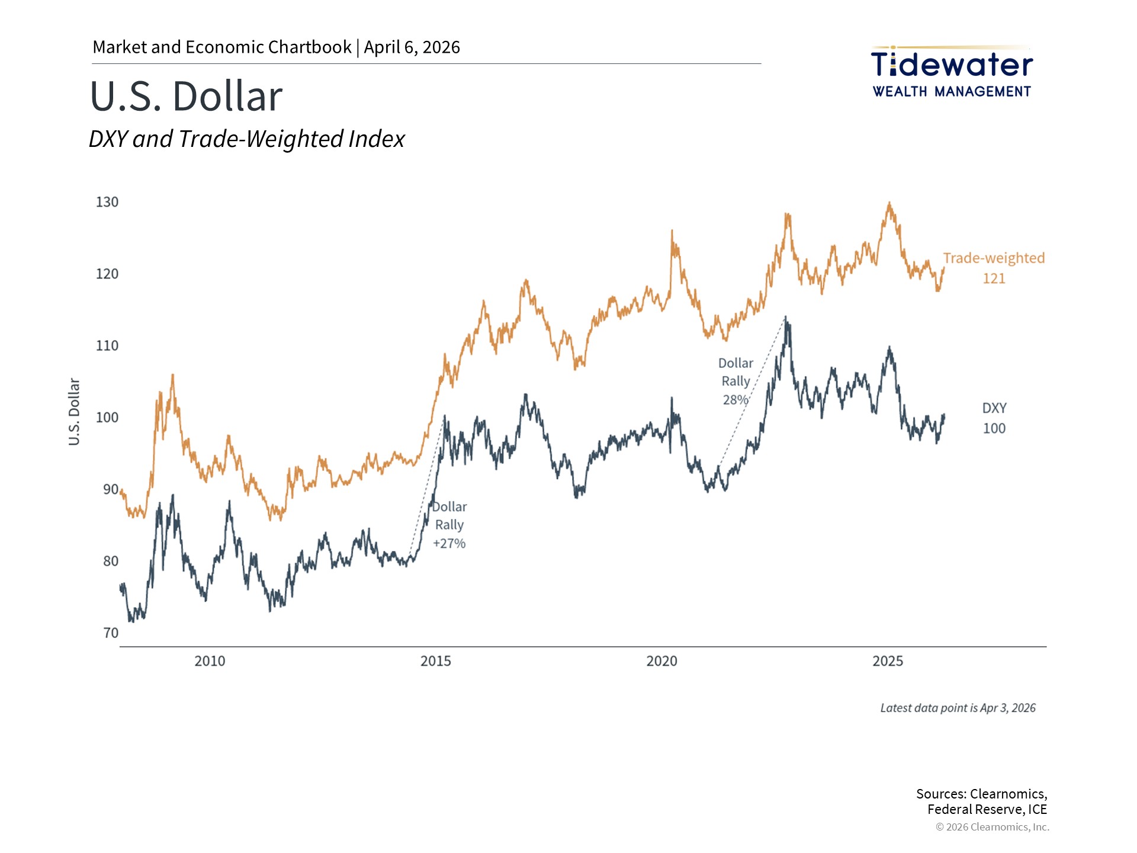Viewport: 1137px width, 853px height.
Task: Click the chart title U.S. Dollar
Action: pyautogui.click(x=186, y=96)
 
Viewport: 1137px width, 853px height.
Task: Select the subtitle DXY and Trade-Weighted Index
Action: pyautogui.click(x=246, y=139)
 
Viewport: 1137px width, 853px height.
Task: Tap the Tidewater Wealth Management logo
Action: pyautogui.click(x=952, y=72)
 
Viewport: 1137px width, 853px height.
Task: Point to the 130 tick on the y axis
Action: pyautogui.click(x=107, y=202)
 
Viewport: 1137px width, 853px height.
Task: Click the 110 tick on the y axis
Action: pyautogui.click(x=107, y=345)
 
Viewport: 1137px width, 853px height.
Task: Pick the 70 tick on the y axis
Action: pyautogui.click(x=111, y=633)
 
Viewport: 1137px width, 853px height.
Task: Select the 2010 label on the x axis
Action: pyautogui.click(x=210, y=661)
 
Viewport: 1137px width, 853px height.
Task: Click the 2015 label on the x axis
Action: pyautogui.click(x=436, y=661)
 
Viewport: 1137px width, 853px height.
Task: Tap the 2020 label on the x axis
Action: pyautogui.click(x=661, y=661)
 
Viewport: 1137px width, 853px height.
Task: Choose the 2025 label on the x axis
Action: pyautogui.click(x=888, y=661)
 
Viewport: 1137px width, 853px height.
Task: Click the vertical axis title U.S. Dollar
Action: pyautogui.click(x=74, y=412)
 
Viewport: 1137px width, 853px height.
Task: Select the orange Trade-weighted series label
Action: pyautogui.click(x=994, y=258)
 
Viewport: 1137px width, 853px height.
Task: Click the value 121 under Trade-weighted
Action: pyautogui.click(x=994, y=278)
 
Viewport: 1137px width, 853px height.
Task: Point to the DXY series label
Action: pyautogui.click(x=994, y=408)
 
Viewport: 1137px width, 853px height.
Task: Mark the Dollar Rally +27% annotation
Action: pyautogui.click(x=449, y=525)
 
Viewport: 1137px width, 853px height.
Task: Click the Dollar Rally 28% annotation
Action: pyautogui.click(x=735, y=381)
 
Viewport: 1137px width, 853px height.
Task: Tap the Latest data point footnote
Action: pyautogui.click(x=958, y=708)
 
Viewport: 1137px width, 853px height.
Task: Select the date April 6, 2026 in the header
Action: pyautogui.click(x=412, y=47)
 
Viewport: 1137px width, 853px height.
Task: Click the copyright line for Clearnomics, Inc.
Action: pyautogui.click(x=992, y=827)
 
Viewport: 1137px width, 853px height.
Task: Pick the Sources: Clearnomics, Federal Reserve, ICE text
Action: pyautogui.click(x=982, y=801)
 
